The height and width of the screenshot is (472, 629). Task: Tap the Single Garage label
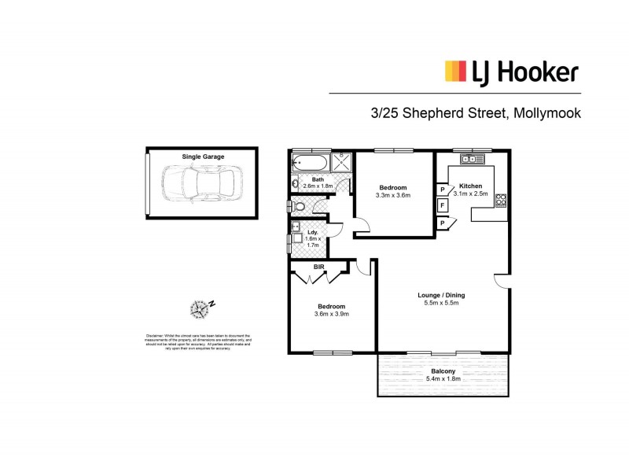point(203,157)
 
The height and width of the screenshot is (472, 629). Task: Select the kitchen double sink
point(471,159)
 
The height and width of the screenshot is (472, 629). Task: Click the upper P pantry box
point(443,190)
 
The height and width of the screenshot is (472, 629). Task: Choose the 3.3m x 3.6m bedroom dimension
point(393,194)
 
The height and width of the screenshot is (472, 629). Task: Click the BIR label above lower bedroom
point(319,267)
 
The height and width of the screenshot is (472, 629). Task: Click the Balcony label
point(442,371)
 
